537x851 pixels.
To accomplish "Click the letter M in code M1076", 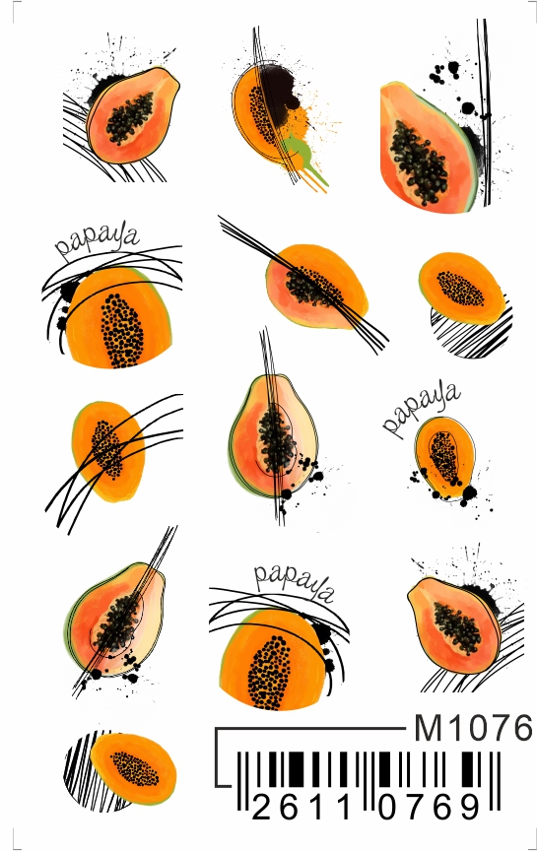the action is (428, 728).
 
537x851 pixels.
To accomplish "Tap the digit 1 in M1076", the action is (451, 728).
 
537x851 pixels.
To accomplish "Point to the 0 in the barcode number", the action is (389, 807).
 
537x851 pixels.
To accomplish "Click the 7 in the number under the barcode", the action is (417, 807).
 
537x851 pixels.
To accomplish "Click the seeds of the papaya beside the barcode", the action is (135, 768).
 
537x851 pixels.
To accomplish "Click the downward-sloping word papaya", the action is (294, 582).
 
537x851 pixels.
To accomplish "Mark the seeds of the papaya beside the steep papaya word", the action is (444, 457).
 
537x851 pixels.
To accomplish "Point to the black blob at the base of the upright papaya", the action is (286, 493).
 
